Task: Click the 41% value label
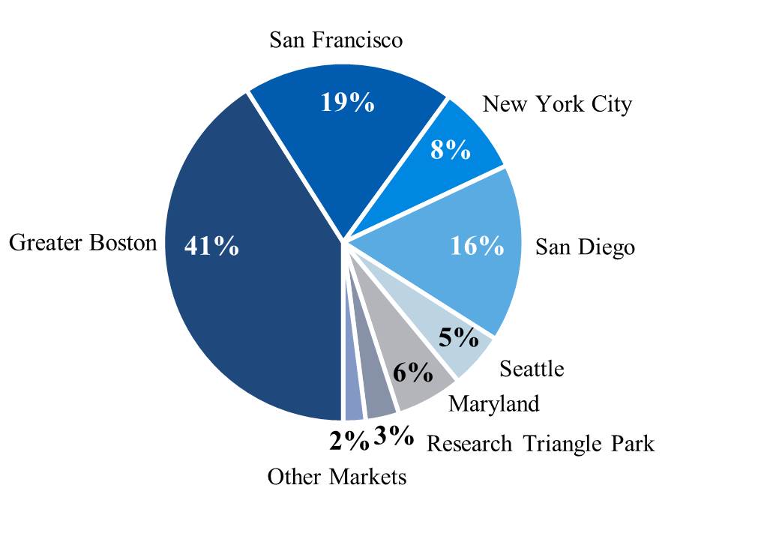click(211, 246)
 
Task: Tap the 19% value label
click(347, 103)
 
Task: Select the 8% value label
click(450, 150)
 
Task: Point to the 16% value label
click(477, 246)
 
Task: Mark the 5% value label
click(459, 338)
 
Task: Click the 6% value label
click(413, 371)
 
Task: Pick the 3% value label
click(394, 436)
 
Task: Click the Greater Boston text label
click(82, 243)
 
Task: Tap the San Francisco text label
click(336, 40)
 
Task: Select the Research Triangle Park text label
click(540, 444)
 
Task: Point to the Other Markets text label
click(337, 477)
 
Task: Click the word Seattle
click(532, 369)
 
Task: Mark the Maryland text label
click(493, 404)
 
